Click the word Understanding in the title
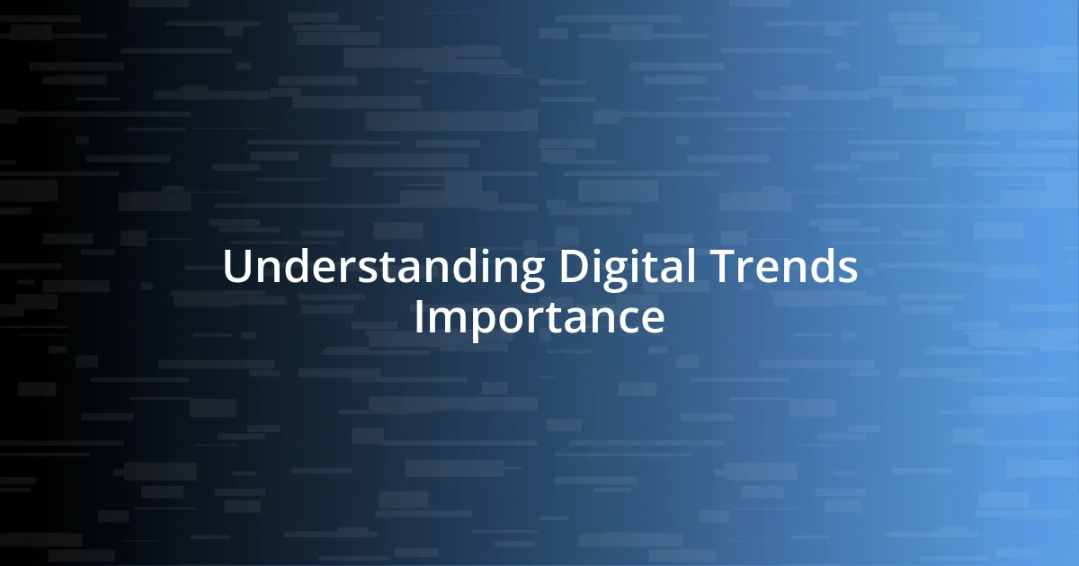coord(383,268)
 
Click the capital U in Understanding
coord(236,268)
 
